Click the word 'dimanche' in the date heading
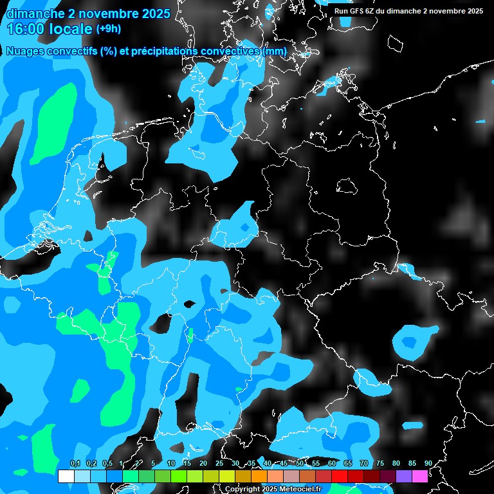coord(35,14)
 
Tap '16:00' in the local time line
coord(26,29)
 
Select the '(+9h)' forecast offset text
coord(108,29)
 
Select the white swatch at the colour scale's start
coord(66,476)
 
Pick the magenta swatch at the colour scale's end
coord(419,476)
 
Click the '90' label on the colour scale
coord(428,464)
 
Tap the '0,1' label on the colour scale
coord(75,464)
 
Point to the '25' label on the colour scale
coord(219,464)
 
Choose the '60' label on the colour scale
coord(331,464)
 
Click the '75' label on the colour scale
coord(380,464)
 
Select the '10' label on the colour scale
coord(170,464)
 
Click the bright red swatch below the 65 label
coord(339,476)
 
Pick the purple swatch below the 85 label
coord(403,476)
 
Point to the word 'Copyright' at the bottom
coord(242,489)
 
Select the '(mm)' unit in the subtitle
coord(275,51)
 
